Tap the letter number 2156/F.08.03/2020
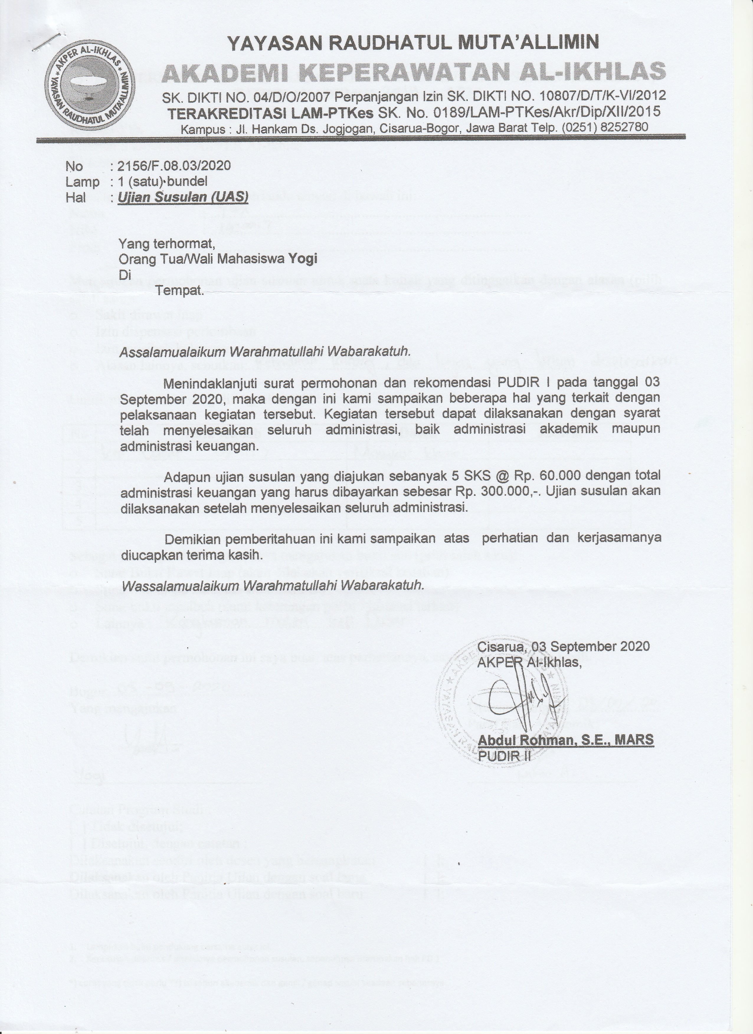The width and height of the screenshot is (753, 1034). pyautogui.click(x=174, y=165)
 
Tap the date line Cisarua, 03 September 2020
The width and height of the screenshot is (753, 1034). pyautogui.click(x=563, y=646)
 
